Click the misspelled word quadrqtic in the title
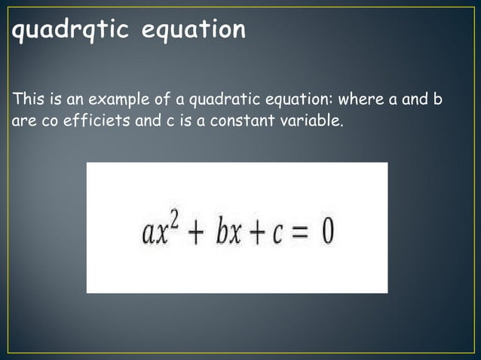coord(69,30)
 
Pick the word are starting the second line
coord(24,121)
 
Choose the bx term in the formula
coord(226,230)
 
